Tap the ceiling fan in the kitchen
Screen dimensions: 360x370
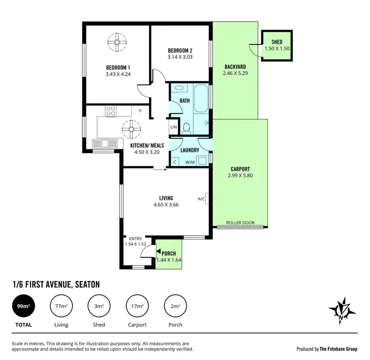pyautogui.click(x=131, y=129)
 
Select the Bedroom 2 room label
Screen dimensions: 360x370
pyautogui.click(x=180, y=50)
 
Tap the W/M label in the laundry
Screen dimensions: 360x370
pyautogui.click(x=189, y=162)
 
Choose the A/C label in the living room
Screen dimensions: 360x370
pyautogui.click(x=201, y=199)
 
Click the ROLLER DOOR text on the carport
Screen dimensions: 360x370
pyautogui.click(x=240, y=223)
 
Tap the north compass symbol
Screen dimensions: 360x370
pyautogui.click(x=341, y=310)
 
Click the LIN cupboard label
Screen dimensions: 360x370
pyautogui.click(x=173, y=127)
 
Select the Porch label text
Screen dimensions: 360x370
pyautogui.click(x=169, y=253)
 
